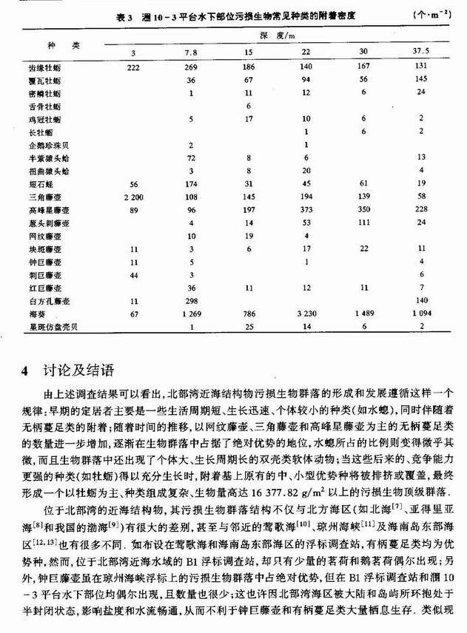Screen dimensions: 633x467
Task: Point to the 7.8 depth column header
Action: pyautogui.click(x=191, y=52)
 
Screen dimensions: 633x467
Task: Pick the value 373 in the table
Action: pyautogui.click(x=306, y=211)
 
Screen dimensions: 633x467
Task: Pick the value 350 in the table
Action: pyautogui.click(x=363, y=211)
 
